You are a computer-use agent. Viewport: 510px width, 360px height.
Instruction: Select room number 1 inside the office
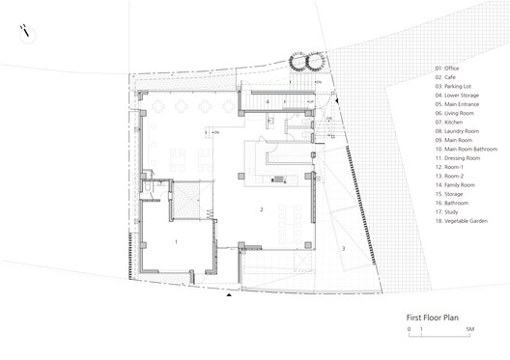pos(175,240)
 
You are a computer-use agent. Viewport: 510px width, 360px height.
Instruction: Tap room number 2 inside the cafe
pos(261,209)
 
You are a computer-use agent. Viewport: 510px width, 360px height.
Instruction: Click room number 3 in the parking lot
pos(342,249)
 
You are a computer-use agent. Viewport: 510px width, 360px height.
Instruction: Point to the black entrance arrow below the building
pos(228,297)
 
